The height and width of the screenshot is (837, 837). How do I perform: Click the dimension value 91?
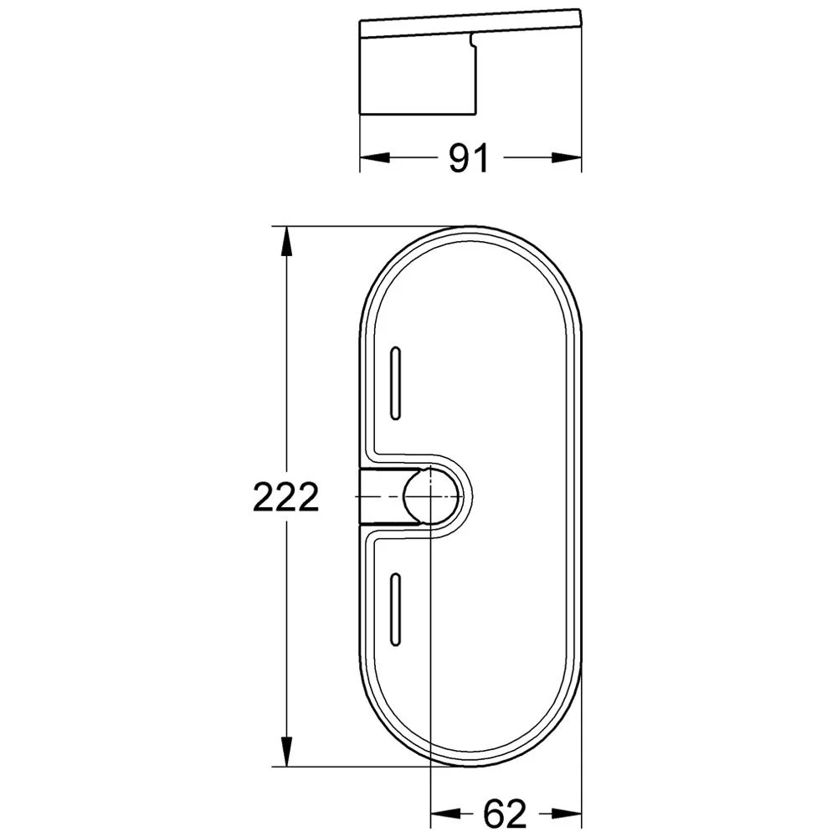tap(469, 157)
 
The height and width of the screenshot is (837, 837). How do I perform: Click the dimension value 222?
tap(286, 499)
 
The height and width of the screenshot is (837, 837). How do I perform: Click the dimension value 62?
tap(505, 812)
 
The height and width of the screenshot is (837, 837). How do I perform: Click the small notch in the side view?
tap(473, 39)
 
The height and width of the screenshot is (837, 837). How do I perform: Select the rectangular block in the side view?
tap(418, 75)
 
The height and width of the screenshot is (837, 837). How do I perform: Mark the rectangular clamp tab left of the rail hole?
tap(381, 496)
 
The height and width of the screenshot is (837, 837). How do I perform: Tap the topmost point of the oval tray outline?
tap(470, 226)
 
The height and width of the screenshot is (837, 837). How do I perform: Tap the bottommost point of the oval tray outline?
tap(470, 764)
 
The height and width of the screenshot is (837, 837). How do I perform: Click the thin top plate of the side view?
tap(469, 23)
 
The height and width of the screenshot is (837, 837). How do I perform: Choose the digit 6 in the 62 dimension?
tap(494, 812)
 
